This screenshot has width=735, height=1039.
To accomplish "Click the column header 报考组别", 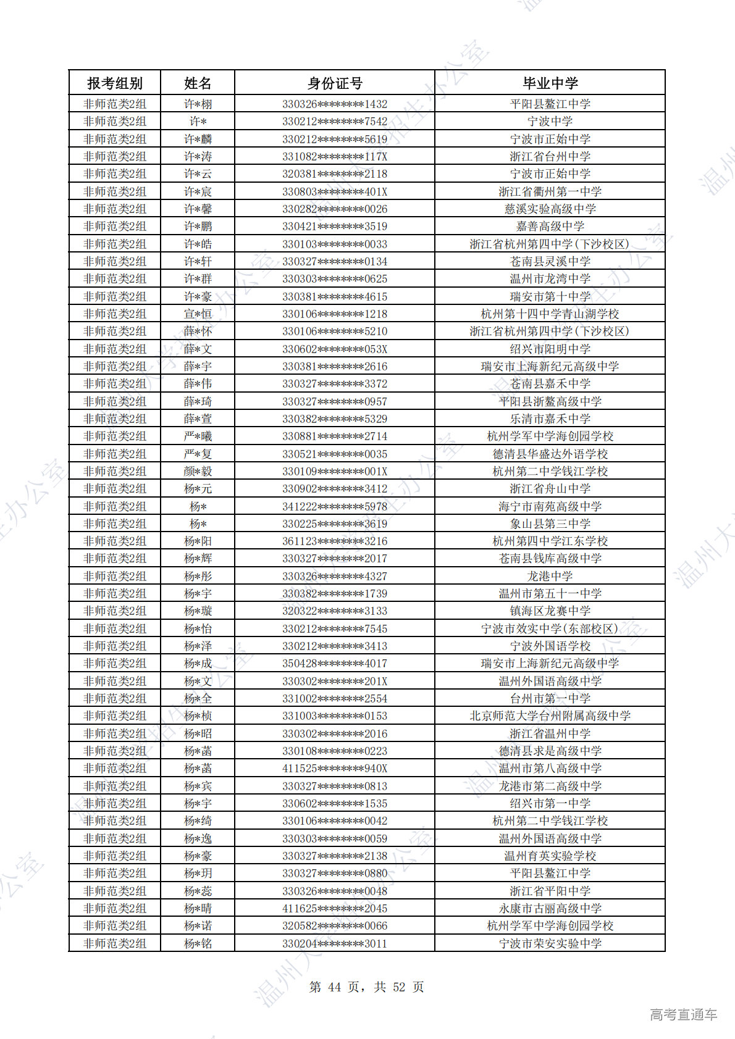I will [x=115, y=83].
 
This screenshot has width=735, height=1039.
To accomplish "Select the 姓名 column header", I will [x=198, y=83].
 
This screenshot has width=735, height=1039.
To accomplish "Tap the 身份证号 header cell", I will [x=335, y=83].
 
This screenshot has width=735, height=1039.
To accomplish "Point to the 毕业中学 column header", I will [x=550, y=83].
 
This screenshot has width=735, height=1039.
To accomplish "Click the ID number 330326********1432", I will [x=335, y=104].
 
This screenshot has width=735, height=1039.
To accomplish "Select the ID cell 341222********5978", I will [x=335, y=506].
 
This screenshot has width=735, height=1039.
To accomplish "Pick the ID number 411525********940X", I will [x=335, y=769].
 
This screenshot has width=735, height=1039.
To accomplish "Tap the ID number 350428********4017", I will [x=335, y=664].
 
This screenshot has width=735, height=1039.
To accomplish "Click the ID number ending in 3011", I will [x=335, y=943].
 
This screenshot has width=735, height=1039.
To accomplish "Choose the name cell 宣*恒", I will [x=198, y=314].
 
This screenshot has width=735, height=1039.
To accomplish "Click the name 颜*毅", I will [x=198, y=472].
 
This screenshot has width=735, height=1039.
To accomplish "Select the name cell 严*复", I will [x=198, y=454].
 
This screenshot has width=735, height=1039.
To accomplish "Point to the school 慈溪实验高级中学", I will [x=550, y=209].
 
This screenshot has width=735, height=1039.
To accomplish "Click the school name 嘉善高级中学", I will [x=550, y=227].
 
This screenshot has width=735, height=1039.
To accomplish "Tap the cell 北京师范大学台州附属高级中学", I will [x=550, y=716].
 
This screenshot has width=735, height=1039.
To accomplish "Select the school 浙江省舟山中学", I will [x=550, y=489].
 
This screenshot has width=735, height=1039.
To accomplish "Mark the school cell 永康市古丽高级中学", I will [x=550, y=909].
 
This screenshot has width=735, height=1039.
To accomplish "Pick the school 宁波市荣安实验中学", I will [x=550, y=943].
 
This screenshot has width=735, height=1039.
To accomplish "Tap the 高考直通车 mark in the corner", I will [x=683, y=1014].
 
